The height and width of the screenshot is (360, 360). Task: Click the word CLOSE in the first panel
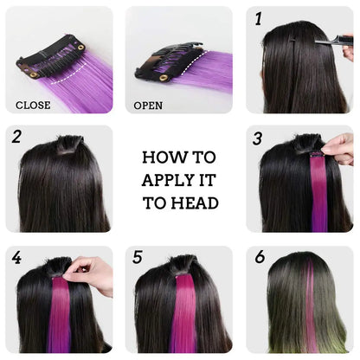pyautogui.click(x=33, y=106)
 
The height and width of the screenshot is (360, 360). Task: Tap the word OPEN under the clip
pyautogui.click(x=148, y=106)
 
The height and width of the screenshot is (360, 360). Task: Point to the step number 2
pyautogui.click(x=16, y=136)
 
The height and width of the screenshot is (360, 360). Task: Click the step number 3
pyautogui.click(x=257, y=138)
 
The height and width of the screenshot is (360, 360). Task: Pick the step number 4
pyautogui.click(x=16, y=257)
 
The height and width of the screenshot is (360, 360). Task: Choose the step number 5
pyautogui.click(x=137, y=257)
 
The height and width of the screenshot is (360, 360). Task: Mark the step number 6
pyautogui.click(x=258, y=257)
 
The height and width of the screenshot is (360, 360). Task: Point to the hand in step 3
pyautogui.click(x=338, y=149)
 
